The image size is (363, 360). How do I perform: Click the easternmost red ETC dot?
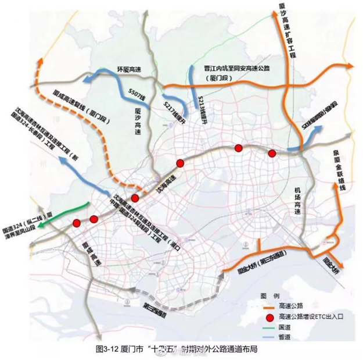pyautogui.click(x=271, y=153)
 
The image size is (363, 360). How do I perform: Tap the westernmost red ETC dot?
pyautogui.click(x=77, y=223)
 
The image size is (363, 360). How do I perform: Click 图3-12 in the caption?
pyautogui.click(x=108, y=349)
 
